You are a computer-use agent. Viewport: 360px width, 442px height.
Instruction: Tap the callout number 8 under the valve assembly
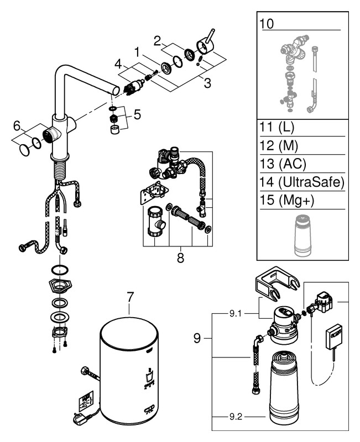pos(180,257)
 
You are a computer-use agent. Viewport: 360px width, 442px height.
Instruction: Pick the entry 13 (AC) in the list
pos(283,164)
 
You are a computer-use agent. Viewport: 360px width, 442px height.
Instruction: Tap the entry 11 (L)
pos(276,128)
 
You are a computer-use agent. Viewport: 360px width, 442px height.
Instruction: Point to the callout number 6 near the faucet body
pos(17,126)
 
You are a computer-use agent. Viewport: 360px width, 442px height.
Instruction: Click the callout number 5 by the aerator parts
pos(137,115)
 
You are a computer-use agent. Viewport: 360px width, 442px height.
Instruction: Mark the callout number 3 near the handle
pos(207,84)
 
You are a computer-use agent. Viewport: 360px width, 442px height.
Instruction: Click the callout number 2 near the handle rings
pos(157,40)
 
